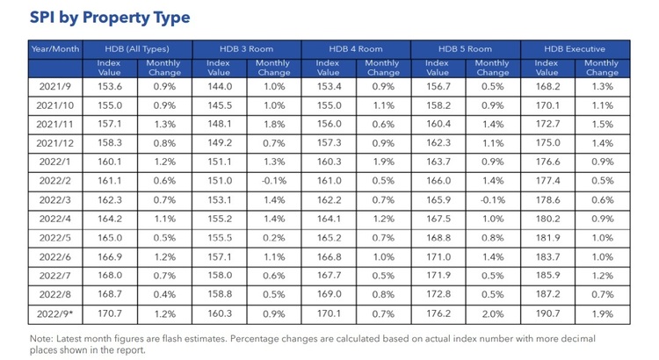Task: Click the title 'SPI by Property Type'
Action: pyautogui.click(x=109, y=18)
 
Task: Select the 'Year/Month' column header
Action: pyautogui.click(x=56, y=49)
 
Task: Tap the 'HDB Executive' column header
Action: pyautogui.click(x=576, y=49)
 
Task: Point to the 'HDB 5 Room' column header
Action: pyautogui.click(x=466, y=49)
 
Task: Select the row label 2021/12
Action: pyautogui.click(x=56, y=142)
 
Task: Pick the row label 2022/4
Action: pyautogui.click(x=56, y=217)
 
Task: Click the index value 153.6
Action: pyautogui.click(x=111, y=86)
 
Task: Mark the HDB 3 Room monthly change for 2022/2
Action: pyautogui.click(x=273, y=179)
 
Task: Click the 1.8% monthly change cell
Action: pyautogui.click(x=273, y=124)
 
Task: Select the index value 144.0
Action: pyautogui.click(x=219, y=86)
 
